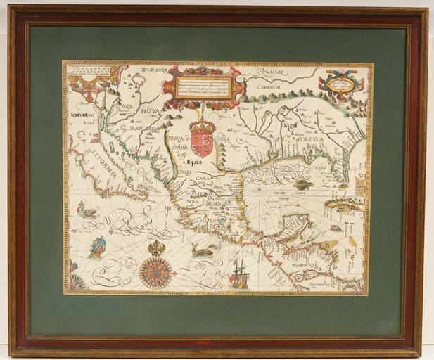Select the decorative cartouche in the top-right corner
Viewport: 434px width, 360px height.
[x=340, y=83]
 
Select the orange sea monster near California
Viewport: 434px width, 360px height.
[x=87, y=209]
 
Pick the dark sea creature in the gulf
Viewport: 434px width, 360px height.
[x=305, y=185]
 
